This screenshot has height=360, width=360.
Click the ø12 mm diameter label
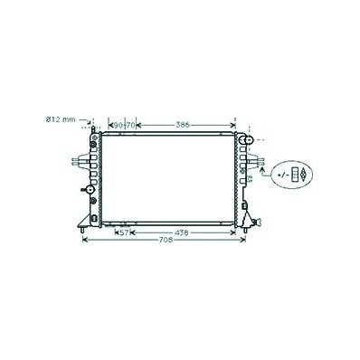pos(61,119)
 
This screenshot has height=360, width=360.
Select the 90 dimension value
pos(118,125)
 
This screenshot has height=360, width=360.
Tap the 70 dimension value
pos(130,125)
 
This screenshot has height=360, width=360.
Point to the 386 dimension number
pos(183,125)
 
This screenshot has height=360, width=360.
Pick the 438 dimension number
pos(182,232)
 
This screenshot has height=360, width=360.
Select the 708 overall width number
pos(166,240)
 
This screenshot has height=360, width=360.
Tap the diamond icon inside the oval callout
pos(303,175)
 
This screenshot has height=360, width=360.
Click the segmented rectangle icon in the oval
pos(294,175)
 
